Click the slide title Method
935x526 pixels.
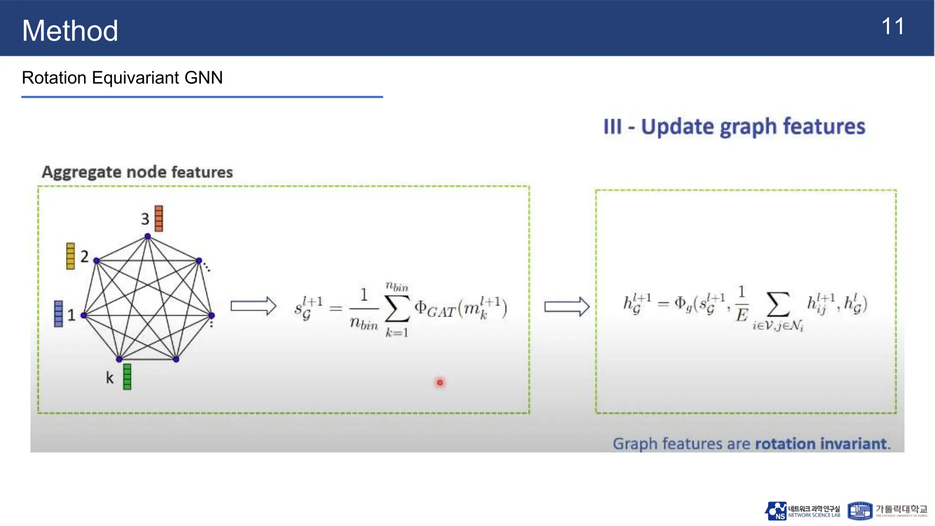point(70,31)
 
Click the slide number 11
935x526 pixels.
point(893,26)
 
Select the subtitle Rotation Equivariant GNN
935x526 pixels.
point(122,78)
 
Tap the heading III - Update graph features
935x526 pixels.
point(734,126)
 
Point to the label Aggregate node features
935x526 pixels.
point(137,172)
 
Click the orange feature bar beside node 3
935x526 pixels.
point(159,218)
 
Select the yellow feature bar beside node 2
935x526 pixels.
point(70,256)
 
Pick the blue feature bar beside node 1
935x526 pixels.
point(58,314)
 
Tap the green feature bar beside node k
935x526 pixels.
point(127,377)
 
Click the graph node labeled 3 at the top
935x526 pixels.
point(147,236)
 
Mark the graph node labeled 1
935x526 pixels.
point(84,315)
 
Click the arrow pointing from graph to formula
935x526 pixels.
point(253,306)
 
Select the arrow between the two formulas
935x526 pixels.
point(567,306)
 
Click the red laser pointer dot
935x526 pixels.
point(440,382)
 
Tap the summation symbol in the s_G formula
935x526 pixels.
point(397,309)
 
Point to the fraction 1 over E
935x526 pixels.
point(741,304)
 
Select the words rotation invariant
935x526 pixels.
point(822,443)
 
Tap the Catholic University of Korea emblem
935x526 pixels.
point(860,511)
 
